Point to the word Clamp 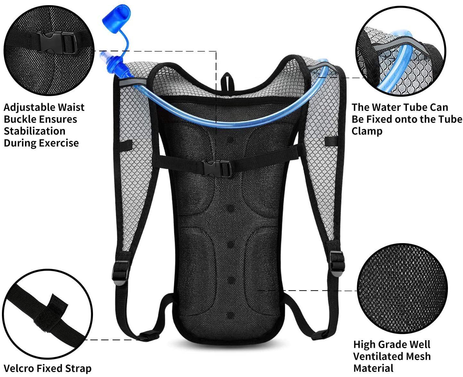click(x=367, y=131)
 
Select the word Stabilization click(x=34, y=131)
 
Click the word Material click(x=373, y=368)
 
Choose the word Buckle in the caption click(x=19, y=119)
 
